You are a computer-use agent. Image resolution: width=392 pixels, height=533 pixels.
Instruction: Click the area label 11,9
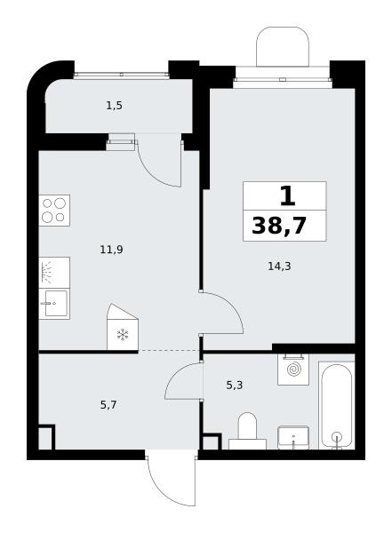pyautogui.click(x=111, y=250)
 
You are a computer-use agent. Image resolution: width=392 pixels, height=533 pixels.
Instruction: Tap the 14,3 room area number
pyautogui.click(x=279, y=266)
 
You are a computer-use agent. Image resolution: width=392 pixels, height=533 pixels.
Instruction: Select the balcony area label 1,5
pyautogui.click(x=115, y=106)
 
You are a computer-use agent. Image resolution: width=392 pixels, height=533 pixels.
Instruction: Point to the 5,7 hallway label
pyautogui.click(x=108, y=405)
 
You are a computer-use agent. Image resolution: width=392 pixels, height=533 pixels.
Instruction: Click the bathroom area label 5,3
pyautogui.click(x=235, y=386)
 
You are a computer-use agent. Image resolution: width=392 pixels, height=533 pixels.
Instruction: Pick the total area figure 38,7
pyautogui.click(x=279, y=226)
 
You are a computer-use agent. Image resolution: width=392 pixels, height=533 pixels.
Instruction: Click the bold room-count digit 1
pyautogui.click(x=287, y=197)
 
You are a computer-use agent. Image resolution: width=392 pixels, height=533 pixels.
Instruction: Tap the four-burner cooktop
pyautogui.click(x=54, y=211)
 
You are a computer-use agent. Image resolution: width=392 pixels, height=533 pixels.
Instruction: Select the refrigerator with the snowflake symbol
pyautogui.click(x=123, y=327)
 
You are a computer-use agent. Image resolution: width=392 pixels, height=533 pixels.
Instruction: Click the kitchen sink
pyautogui.click(x=54, y=304)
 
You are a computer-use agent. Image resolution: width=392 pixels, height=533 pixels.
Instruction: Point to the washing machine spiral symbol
pyautogui.click(x=293, y=370)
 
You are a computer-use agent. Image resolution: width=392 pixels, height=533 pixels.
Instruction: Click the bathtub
pyautogui.click(x=337, y=405)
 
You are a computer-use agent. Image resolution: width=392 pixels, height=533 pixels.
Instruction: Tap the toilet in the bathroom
pyautogui.click(x=247, y=431)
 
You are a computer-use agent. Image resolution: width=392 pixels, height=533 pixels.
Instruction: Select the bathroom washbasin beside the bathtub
pyautogui.click(x=293, y=438)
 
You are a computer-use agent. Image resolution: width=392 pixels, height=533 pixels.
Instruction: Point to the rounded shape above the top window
pyautogui.click(x=283, y=46)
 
